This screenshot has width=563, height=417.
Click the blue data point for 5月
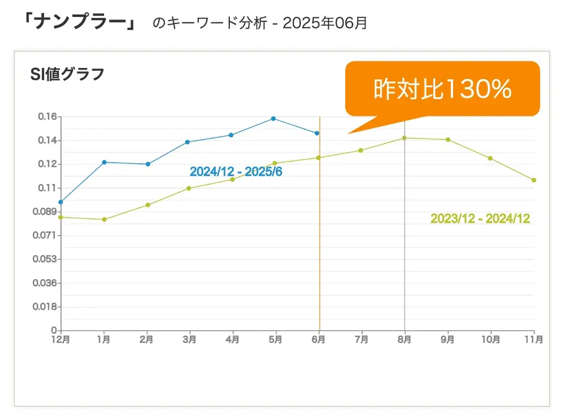273,119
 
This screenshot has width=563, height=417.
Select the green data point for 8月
405,138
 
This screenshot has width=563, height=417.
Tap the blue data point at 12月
60,202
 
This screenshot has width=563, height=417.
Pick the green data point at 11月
534,180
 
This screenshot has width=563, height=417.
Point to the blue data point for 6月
317,133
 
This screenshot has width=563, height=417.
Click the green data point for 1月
104,219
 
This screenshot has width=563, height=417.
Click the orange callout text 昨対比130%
443,89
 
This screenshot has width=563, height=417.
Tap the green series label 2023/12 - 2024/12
480,219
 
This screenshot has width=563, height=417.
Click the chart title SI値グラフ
67,74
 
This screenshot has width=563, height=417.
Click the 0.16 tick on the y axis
47,116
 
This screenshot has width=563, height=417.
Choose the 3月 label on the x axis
190,340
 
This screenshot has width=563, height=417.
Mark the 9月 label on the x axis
448,340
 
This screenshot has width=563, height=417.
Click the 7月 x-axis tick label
362,340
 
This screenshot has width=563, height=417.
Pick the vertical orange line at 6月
319,247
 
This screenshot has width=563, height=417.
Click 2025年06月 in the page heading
324,24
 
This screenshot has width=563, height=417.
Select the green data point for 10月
490,158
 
